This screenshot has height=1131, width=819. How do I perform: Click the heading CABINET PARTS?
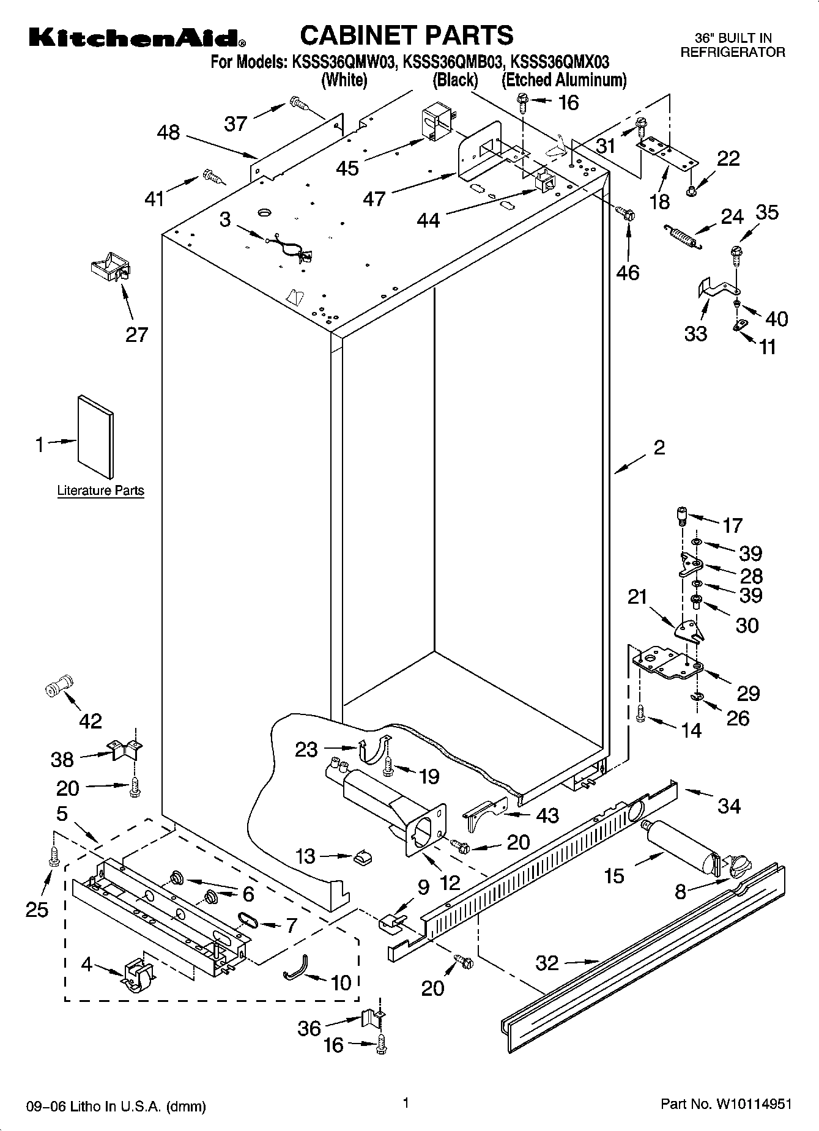pos(407,35)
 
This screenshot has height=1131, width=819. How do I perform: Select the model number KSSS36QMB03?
pos(453,62)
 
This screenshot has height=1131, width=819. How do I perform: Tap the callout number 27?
pos(136,335)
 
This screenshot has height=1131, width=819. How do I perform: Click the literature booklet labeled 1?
pos(95,436)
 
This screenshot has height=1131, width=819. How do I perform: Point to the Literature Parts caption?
pos(100,491)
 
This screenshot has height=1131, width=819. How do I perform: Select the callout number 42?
pos(91,721)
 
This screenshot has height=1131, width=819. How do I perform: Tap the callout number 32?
pos(547,963)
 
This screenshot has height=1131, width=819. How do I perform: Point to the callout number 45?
pos(347,168)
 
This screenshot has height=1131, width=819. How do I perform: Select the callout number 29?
pos(747,693)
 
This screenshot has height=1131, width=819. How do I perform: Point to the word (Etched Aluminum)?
pos(564,80)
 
